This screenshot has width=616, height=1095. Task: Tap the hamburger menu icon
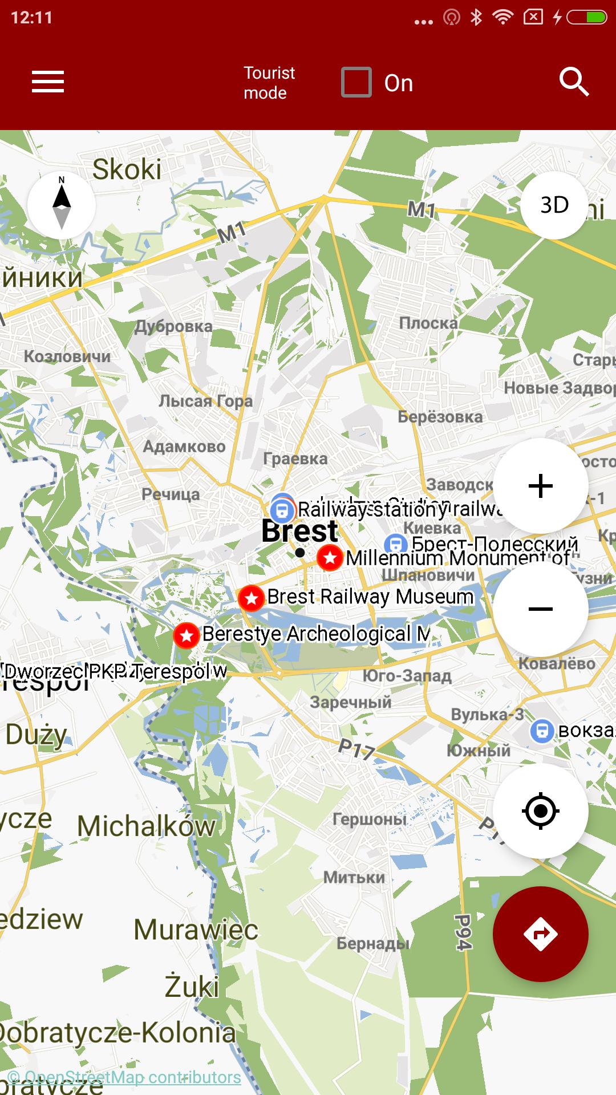coord(48,82)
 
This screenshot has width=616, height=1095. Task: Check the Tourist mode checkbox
coord(356,83)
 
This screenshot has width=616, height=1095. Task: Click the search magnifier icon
coord(573,82)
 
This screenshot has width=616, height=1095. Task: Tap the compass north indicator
coord(62,205)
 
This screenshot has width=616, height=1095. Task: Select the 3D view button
coord(554,205)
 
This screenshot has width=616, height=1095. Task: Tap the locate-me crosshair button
coord(540,810)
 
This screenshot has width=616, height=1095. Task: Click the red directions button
coord(540,934)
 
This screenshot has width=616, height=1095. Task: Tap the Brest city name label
coord(300,532)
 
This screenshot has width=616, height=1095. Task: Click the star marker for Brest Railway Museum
coord(251,598)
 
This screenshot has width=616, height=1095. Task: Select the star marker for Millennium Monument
coord(330,557)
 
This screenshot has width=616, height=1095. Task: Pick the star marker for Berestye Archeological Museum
coord(186,635)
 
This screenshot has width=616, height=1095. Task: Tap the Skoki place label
coord(127,169)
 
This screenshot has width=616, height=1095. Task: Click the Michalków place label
coord(147,826)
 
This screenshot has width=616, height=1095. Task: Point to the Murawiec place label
coord(196,930)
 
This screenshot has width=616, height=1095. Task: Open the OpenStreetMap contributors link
coord(124,1077)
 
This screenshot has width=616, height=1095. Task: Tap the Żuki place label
coord(192,987)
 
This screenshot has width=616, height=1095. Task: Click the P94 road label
coord(463,932)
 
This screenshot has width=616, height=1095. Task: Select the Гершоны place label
coord(370,820)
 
